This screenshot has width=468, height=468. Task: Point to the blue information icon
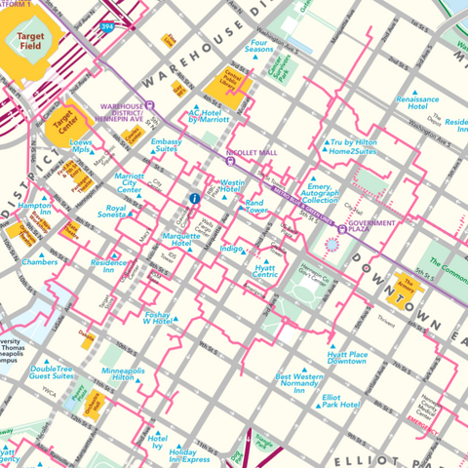tap(194, 199)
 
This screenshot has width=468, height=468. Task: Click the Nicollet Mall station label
tap(253, 154)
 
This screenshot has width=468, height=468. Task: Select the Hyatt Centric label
tap(265, 271)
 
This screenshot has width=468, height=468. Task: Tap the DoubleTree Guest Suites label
tap(53, 372)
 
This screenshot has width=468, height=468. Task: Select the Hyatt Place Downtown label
tap(346, 357)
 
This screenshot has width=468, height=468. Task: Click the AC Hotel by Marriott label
tap(208, 118)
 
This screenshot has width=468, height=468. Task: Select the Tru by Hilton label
tap(353, 146)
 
